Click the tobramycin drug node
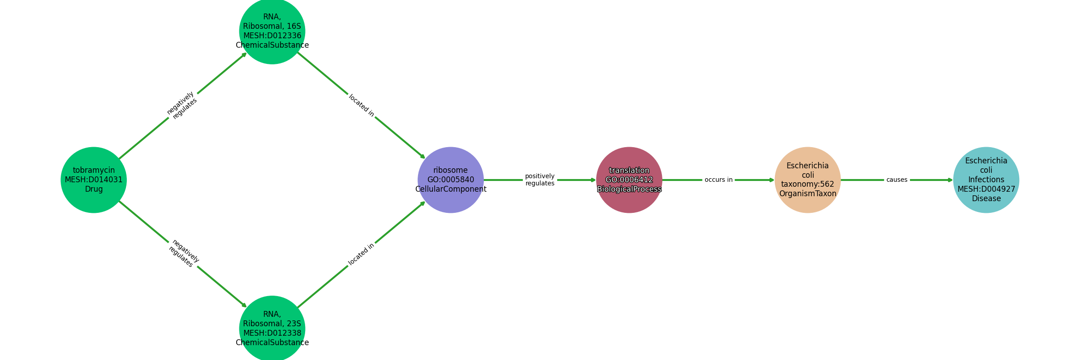tap(94, 180)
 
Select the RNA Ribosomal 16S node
tap(272, 31)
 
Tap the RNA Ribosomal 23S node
tap(272, 328)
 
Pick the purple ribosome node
tap(451, 180)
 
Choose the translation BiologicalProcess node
tap(629, 180)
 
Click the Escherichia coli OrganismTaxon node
tap(808, 180)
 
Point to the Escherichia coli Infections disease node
tap(986, 180)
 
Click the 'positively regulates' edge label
tap(540, 180)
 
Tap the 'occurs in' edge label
tap(719, 180)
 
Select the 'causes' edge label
tap(897, 180)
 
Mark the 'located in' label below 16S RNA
tap(361, 105)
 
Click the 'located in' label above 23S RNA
tap(361, 254)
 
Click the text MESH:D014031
tap(94, 180)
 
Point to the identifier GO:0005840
tap(451, 180)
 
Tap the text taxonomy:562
tap(808, 184)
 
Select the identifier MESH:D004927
tap(986, 189)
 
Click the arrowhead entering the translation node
tap(594, 180)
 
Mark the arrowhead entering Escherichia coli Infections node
tap(950, 180)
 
